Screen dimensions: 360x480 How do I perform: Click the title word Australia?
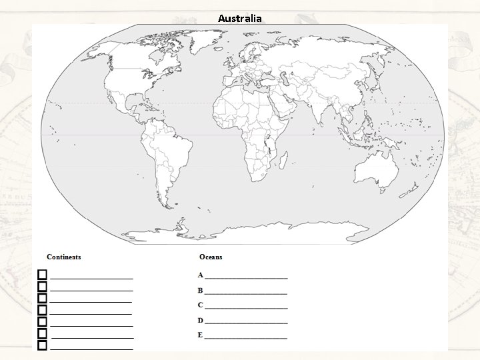coord(240,18)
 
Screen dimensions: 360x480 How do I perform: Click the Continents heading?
coord(64,257)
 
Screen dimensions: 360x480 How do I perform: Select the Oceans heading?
coord(211,257)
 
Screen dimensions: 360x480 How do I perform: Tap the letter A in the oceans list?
coord(200,275)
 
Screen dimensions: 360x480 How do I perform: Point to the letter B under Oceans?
coord(200,291)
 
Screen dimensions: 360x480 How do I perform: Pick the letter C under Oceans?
coord(200,305)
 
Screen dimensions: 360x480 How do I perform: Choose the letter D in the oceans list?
coord(200,321)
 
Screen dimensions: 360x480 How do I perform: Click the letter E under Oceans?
coord(200,335)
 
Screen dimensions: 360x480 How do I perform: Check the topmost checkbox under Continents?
coord(42,274)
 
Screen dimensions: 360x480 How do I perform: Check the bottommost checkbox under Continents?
coord(42,345)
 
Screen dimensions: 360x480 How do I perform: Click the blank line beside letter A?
coord(247,277)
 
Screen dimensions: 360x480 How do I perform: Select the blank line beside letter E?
coord(247,337)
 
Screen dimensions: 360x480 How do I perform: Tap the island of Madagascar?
coord(283,160)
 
